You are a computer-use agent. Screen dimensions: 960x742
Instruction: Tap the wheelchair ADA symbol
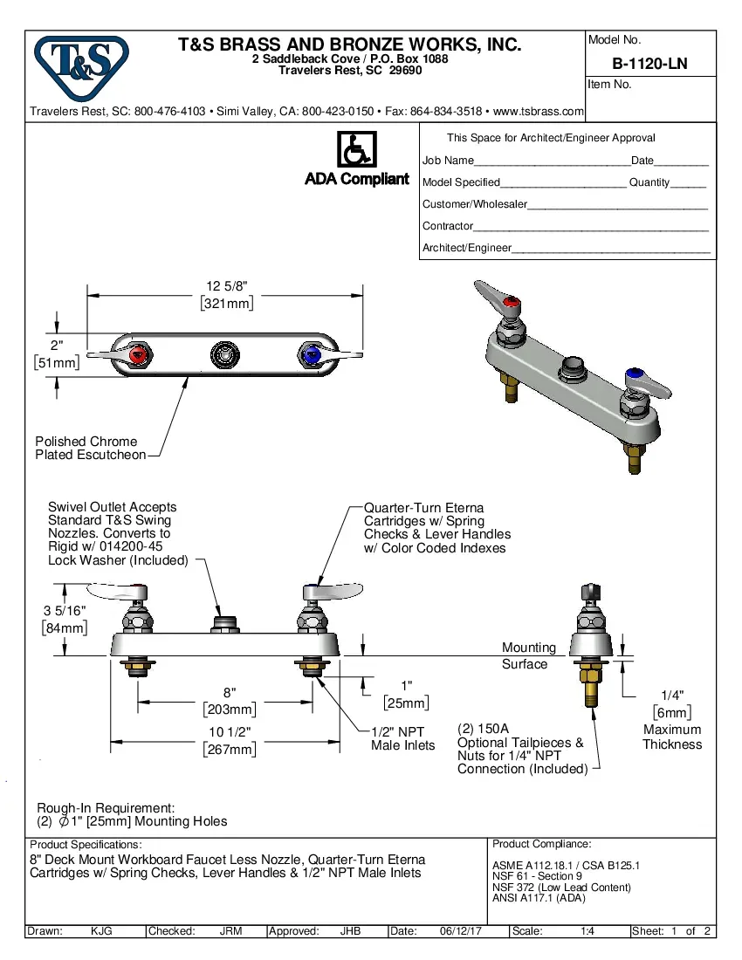(355, 150)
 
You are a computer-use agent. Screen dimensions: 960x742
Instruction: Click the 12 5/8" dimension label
(227, 286)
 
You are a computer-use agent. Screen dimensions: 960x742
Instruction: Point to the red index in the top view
(137, 356)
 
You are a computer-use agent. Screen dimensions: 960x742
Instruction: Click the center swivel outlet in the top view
(224, 355)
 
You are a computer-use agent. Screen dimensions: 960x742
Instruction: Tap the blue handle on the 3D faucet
(638, 380)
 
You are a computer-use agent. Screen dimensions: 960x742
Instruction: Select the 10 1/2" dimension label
(229, 740)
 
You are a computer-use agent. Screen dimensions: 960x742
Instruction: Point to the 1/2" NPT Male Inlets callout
(402, 738)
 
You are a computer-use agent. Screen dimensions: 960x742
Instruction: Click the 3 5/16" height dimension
(64, 618)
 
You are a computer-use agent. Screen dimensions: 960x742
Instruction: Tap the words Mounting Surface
(526, 656)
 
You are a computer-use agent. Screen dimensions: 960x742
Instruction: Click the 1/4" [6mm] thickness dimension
(671, 703)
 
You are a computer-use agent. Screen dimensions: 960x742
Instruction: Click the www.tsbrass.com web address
(539, 112)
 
